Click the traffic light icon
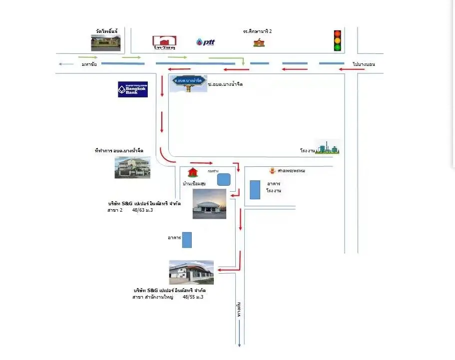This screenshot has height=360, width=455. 337,40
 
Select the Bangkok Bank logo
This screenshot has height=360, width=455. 132,89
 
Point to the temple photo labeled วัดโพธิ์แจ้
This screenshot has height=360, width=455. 106,42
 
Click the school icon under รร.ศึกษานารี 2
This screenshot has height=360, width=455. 259,42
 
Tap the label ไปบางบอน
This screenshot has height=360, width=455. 363,64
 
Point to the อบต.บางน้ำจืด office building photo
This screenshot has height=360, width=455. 132,167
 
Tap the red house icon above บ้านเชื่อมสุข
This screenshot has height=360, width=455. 192,173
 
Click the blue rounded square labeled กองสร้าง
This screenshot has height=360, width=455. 224,179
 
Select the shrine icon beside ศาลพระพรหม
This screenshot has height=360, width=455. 272,171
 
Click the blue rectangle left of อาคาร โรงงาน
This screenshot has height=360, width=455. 255,190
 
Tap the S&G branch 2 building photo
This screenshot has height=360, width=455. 209,204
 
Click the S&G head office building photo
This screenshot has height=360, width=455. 191,272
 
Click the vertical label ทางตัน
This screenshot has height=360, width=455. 240,310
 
